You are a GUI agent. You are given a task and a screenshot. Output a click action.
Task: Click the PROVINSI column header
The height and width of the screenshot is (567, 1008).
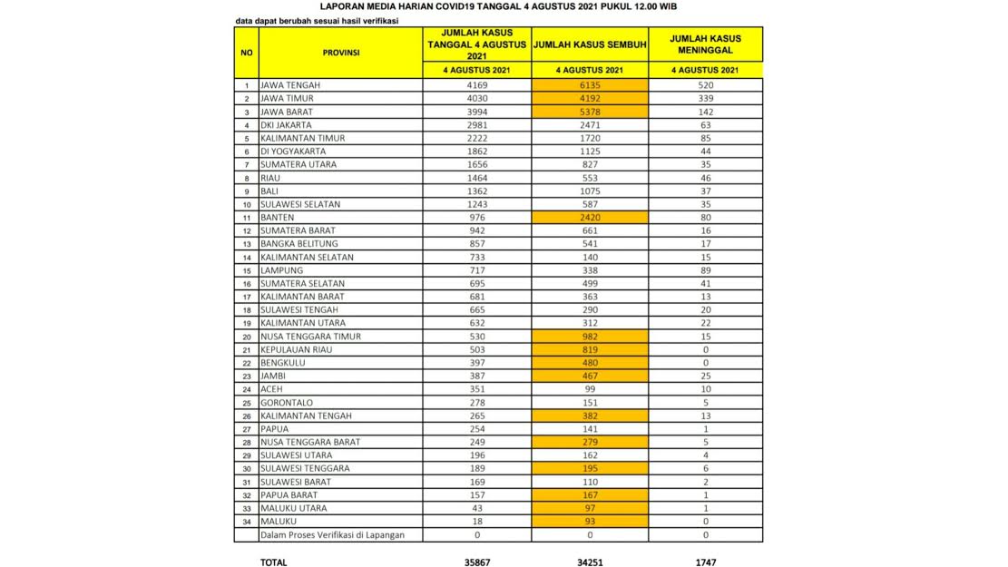pyautogui.click(x=340, y=53)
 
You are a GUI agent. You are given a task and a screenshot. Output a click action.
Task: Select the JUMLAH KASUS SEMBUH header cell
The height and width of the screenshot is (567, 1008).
pyautogui.click(x=591, y=44)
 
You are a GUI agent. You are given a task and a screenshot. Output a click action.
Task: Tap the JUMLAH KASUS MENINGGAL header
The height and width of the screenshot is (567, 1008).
pyautogui.click(x=705, y=44)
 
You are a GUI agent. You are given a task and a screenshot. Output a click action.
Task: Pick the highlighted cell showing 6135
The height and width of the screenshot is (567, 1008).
pyautogui.click(x=591, y=85)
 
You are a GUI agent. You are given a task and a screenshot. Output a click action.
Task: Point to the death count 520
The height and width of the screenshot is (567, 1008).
pyautogui.click(x=705, y=85)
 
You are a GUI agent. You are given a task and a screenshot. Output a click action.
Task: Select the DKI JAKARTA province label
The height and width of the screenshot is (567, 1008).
pyautogui.click(x=286, y=125)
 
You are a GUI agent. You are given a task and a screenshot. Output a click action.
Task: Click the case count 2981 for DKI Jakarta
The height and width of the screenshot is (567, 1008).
pyautogui.click(x=477, y=125)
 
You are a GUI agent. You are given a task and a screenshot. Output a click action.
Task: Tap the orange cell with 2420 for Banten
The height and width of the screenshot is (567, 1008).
pyautogui.click(x=591, y=218)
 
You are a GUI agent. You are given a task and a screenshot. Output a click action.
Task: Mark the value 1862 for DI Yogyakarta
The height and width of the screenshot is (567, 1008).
pyautogui.click(x=477, y=152)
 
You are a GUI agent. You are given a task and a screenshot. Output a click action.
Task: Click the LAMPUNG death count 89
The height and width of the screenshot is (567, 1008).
pyautogui.click(x=705, y=270)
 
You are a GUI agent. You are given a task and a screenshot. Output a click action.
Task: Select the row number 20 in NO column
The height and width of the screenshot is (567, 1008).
pyautogui.click(x=246, y=337)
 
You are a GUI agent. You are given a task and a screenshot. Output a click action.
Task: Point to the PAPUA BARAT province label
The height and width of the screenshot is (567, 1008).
pyautogui.click(x=289, y=495)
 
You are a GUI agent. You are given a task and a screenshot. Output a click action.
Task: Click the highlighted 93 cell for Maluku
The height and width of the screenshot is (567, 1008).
pyautogui.click(x=591, y=522)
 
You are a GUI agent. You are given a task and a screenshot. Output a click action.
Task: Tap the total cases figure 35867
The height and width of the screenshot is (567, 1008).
pyautogui.click(x=477, y=562)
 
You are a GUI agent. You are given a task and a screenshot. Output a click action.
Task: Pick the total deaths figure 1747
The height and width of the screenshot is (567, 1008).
pyautogui.click(x=705, y=562)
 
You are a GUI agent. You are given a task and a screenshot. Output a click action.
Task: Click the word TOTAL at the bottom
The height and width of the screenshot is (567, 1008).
pyautogui.click(x=273, y=562)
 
